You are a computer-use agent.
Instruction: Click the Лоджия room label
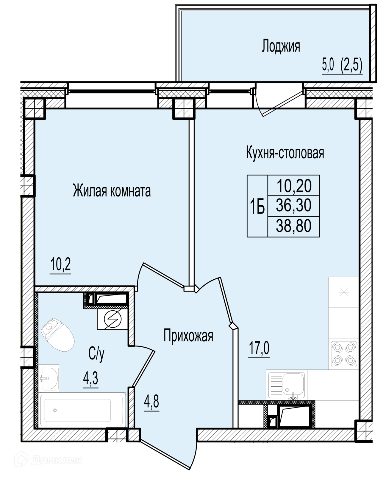(281, 46)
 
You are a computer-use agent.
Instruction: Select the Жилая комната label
(112, 191)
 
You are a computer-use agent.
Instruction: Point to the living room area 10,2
(60, 264)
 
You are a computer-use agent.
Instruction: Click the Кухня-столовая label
(285, 153)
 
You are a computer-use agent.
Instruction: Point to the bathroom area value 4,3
(90, 378)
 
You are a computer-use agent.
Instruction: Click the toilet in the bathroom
(57, 334)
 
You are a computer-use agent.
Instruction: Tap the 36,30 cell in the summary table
(293, 205)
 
